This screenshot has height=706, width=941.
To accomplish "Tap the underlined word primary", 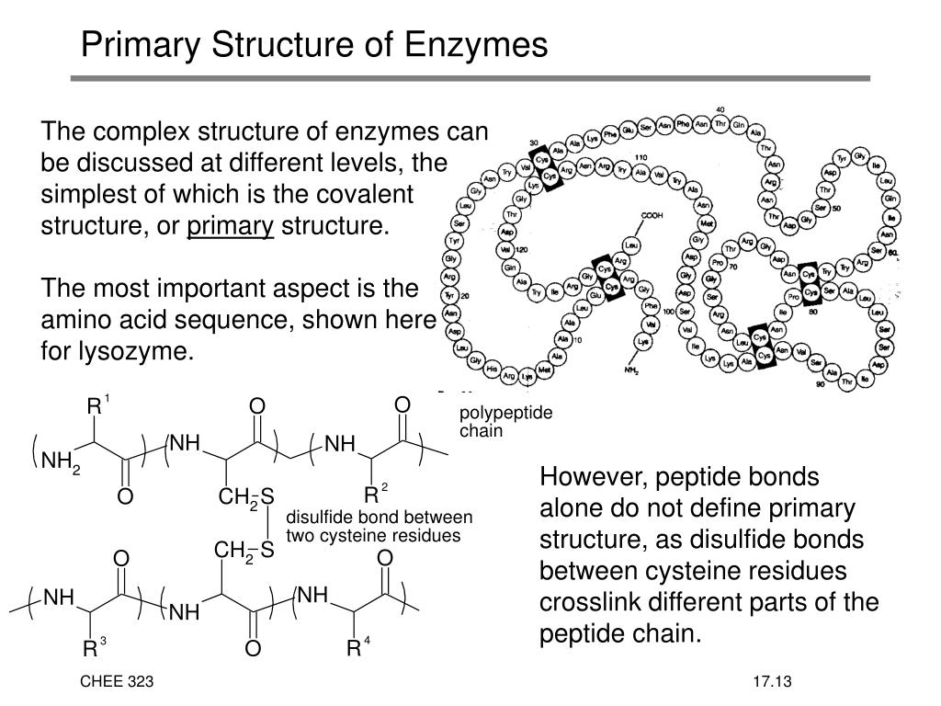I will pyautogui.click(x=231, y=225).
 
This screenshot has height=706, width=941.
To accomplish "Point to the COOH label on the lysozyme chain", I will pyautogui.click(x=652, y=215).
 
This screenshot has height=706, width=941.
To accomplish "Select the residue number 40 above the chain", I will pyautogui.click(x=720, y=109).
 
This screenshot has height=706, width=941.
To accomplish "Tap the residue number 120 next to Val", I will pyautogui.click(x=523, y=250).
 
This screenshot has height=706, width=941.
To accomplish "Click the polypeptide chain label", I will pyautogui.click(x=506, y=422).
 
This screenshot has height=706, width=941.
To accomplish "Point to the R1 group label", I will pyautogui.click(x=96, y=405).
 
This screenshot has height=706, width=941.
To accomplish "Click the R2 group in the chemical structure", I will pyautogui.click(x=374, y=490).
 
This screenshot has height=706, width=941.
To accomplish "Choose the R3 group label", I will pyautogui.click(x=93, y=649).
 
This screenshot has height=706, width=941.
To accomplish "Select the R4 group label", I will pyautogui.click(x=357, y=649).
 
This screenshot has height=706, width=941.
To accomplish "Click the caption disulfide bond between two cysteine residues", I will pyautogui.click(x=379, y=526).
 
